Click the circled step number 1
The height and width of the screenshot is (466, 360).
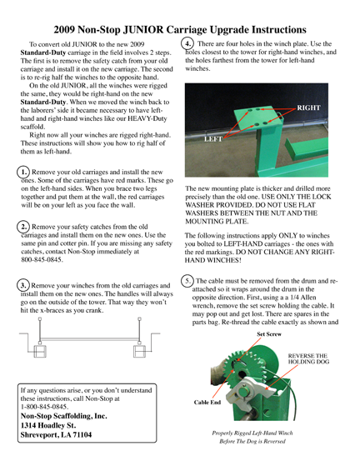(23, 172)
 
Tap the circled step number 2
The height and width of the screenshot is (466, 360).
(23, 227)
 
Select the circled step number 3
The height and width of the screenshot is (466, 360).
(23, 285)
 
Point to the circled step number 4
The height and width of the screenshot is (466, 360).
(187, 43)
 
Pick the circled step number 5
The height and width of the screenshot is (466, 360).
(187, 281)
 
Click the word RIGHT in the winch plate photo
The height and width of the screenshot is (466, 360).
(308, 108)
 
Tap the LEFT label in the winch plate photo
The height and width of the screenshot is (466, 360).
(213, 138)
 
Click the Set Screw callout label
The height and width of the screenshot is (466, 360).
(269, 334)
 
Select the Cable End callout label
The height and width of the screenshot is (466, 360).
(207, 402)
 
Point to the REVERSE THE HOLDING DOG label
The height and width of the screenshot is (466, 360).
(308, 358)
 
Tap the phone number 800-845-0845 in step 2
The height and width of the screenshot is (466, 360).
(42, 259)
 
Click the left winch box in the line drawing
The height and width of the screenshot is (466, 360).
(40, 351)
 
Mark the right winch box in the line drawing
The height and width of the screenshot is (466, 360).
(139, 351)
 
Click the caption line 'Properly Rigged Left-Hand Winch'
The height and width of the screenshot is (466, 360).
(252, 433)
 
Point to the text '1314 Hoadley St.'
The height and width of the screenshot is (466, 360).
(48, 425)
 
